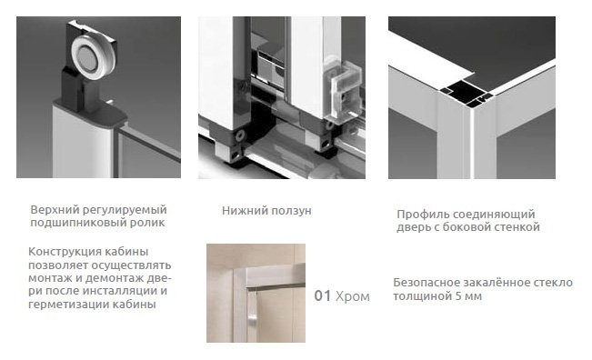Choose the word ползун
290,211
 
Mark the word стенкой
518,227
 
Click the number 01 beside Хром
321,296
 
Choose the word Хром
353,296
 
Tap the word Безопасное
427,283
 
